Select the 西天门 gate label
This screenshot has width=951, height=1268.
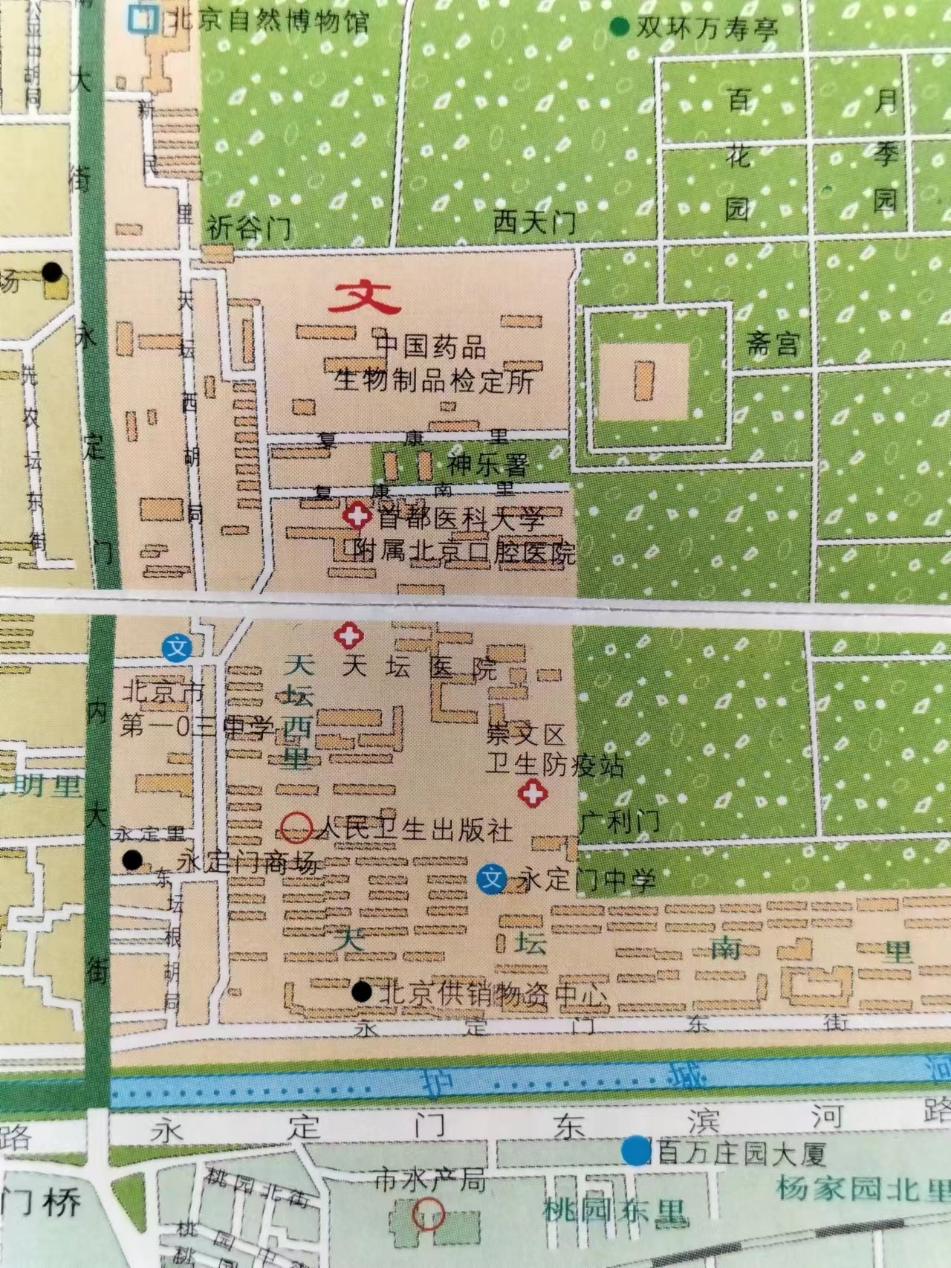click(534, 222)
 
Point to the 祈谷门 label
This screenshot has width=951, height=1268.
click(249, 228)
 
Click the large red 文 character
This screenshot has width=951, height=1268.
click(365, 298)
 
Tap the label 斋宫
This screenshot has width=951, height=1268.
click(773, 344)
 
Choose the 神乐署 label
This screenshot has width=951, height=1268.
click(488, 465)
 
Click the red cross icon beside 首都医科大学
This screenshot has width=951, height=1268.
click(357, 515)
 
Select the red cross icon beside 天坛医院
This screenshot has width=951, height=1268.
click(347, 636)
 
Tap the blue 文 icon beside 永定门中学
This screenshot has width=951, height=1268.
click(491, 880)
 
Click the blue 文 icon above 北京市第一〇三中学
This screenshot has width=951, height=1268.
click(178, 647)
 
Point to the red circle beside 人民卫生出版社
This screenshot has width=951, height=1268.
click(297, 827)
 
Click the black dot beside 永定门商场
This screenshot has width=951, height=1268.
click(132, 861)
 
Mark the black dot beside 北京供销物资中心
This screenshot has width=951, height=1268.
click(362, 992)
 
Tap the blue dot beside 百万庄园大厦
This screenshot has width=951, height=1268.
click(634, 1151)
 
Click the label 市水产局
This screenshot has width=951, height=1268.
click(429, 1180)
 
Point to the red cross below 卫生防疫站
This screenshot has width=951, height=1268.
click(532, 793)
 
